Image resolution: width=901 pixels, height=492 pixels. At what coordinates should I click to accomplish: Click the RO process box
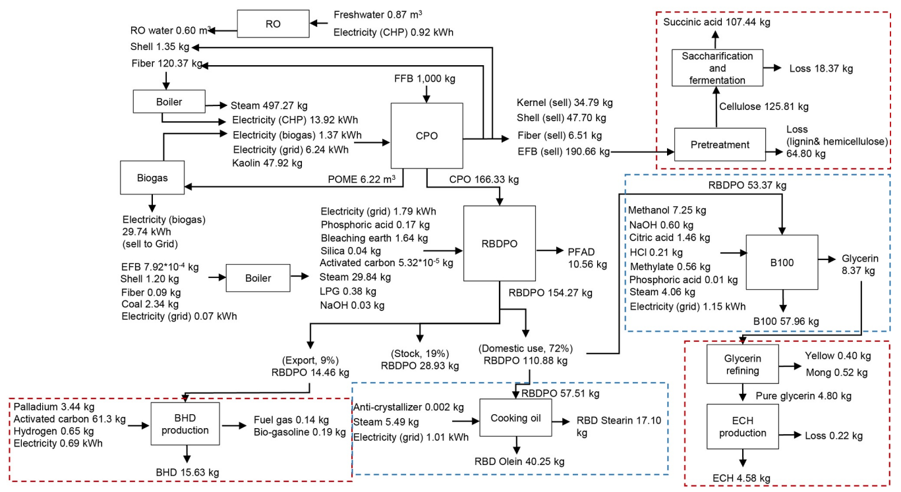coord(272,24)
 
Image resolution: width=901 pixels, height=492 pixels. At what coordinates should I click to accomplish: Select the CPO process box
coord(427,136)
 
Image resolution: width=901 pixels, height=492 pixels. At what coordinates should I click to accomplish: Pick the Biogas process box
coord(152,177)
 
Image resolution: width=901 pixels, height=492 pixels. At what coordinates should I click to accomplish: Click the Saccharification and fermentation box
coord(717,68)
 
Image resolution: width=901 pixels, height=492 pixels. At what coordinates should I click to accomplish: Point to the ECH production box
coord(743,426)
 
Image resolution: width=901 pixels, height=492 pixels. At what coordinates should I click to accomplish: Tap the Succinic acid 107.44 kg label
coord(716,22)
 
